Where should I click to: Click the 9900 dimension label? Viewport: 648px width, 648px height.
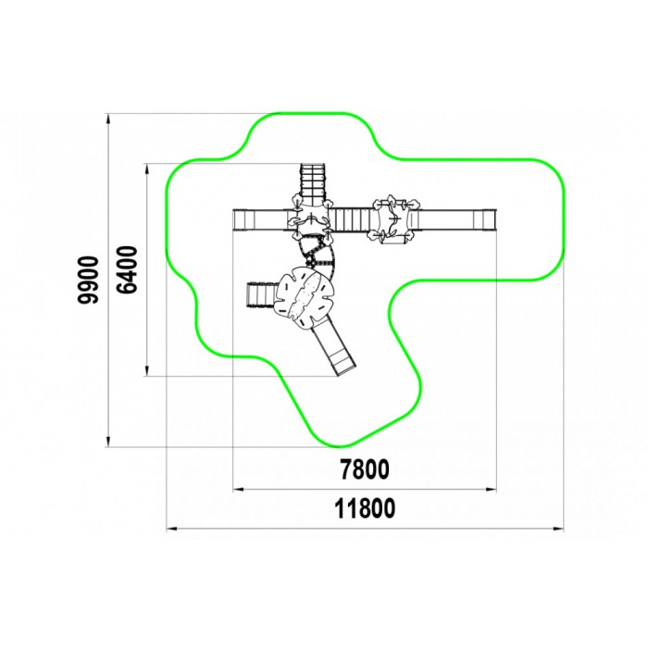coord(88,280)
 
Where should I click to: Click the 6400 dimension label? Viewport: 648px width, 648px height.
coord(126,270)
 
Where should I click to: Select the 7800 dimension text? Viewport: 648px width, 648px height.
coord(365,469)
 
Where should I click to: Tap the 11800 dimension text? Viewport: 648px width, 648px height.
coord(365,508)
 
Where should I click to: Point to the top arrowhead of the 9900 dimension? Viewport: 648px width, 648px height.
coord(108,118)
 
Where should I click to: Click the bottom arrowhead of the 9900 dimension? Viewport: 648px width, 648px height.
coord(108,441)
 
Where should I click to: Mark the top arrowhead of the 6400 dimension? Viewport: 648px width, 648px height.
coord(146,169)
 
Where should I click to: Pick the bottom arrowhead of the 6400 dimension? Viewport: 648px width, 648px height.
coord(146,370)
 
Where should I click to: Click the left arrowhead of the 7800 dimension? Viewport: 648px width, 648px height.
coord(239,490)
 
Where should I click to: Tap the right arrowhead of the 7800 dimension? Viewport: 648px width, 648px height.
coord(491,490)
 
